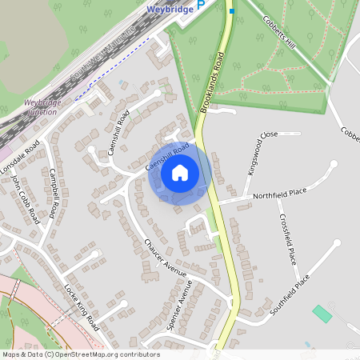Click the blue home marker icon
(x=180, y=173)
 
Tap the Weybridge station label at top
(x=171, y=10)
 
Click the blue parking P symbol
(x=202, y=4)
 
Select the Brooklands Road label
(x=210, y=83)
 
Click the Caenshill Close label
(x=169, y=157)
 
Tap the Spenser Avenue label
(x=179, y=305)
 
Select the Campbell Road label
(x=54, y=193)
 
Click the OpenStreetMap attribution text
(x=81, y=354)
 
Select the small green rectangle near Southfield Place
(x=322, y=314)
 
